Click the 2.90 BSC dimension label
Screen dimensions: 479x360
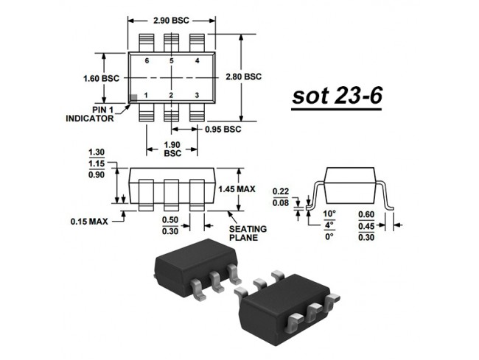click(x=171, y=21)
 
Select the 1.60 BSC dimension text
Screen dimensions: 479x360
click(x=101, y=79)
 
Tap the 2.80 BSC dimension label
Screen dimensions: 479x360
click(x=243, y=77)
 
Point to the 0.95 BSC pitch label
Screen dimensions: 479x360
click(x=223, y=130)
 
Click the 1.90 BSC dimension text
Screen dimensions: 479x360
click(x=172, y=149)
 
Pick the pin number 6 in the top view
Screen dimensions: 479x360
click(x=147, y=61)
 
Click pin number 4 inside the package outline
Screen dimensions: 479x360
click(x=197, y=61)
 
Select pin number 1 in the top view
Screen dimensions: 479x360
click(x=146, y=96)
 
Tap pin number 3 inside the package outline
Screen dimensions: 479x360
click(x=197, y=96)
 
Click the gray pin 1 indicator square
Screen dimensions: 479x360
click(x=133, y=98)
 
